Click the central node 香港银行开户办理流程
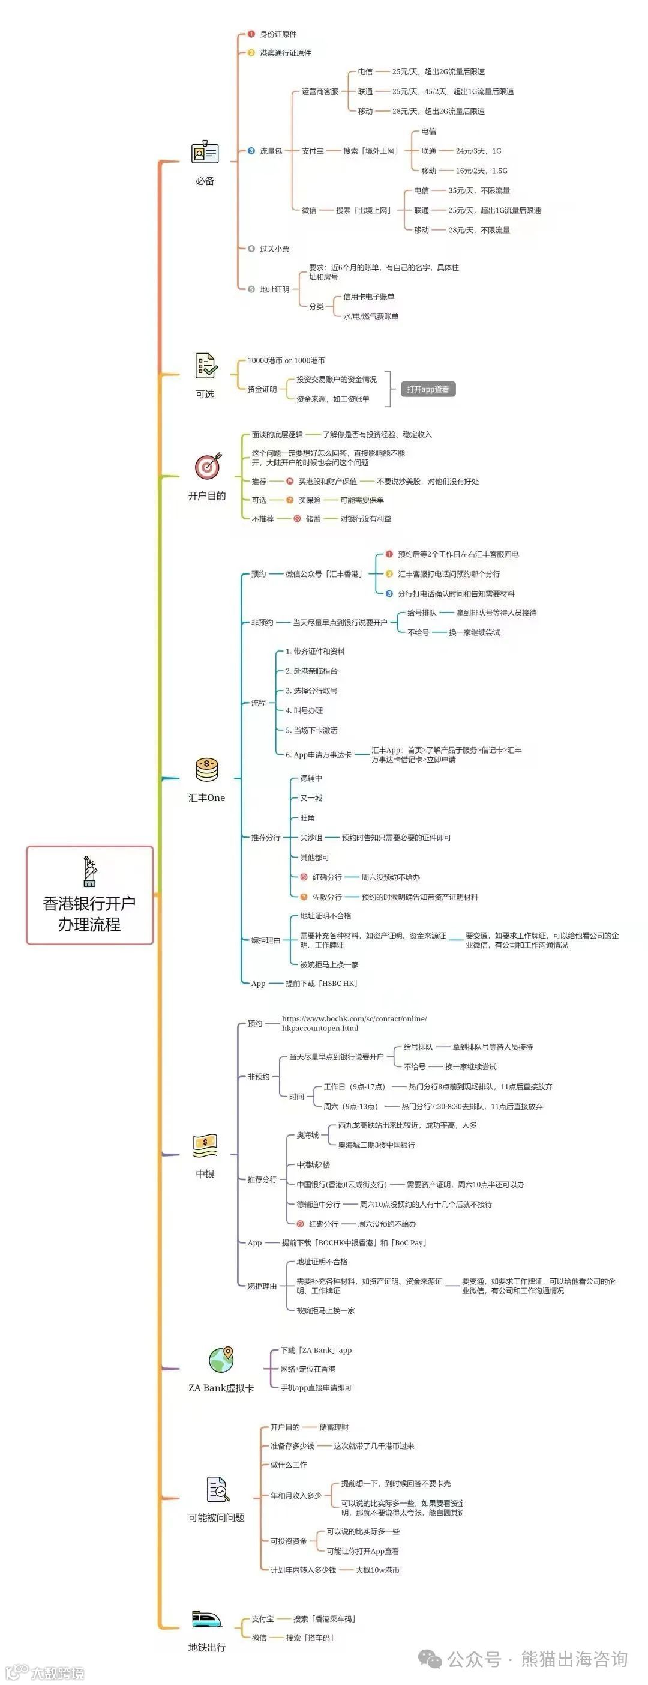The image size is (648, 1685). point(89,895)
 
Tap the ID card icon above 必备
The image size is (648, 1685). point(205,153)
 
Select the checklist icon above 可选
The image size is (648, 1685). point(205,366)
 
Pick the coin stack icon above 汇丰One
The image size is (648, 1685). point(206,769)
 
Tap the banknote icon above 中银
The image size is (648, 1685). point(205,1145)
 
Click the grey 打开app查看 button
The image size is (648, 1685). point(428,389)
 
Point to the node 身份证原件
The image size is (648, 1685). point(278,34)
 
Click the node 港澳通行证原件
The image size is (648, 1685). point(285,53)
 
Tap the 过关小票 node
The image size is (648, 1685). point(274,249)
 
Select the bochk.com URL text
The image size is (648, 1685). point(354,1023)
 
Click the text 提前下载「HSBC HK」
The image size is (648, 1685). point(322,983)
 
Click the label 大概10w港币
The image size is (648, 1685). point(377,1570)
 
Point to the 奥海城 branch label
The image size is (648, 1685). point(307,1135)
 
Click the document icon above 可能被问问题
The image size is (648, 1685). point(218,1489)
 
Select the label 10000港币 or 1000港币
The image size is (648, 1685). point(286,360)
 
